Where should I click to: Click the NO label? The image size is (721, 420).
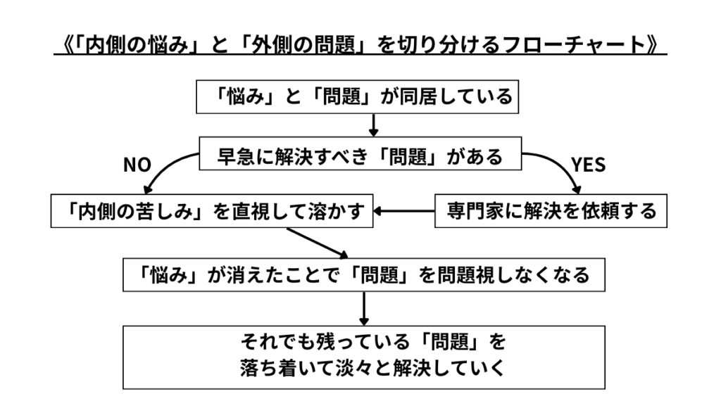[x=137, y=165]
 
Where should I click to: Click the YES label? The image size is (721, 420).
[x=589, y=165]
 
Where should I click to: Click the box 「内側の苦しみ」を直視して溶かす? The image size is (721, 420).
[x=211, y=210]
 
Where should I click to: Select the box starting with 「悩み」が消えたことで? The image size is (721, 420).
[x=364, y=274]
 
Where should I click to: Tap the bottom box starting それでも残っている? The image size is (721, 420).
[x=364, y=357]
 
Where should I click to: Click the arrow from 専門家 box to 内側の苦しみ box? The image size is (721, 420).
[x=404, y=210]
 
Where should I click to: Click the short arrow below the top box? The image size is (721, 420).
[x=374, y=125]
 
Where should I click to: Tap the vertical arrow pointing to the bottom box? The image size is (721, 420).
[x=364, y=307]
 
